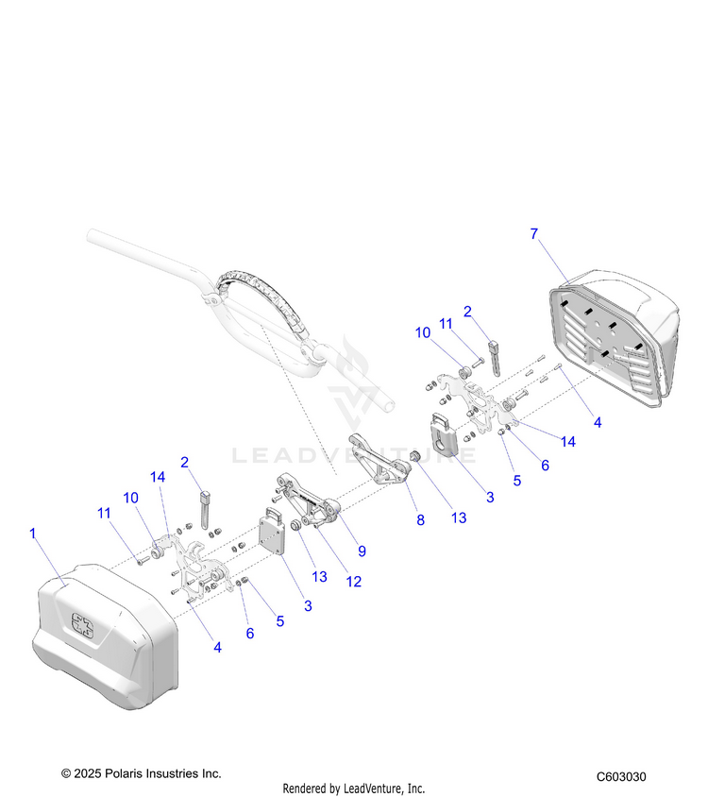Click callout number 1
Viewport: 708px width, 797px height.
click(33, 534)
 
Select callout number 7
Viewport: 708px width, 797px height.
click(534, 233)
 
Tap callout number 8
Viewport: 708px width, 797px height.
click(421, 519)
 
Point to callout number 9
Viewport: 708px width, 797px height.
click(362, 551)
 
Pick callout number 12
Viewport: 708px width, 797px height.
click(353, 583)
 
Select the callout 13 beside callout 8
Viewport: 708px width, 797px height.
click(459, 517)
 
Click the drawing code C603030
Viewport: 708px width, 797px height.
click(621, 777)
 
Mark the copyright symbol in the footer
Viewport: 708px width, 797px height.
click(66, 773)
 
